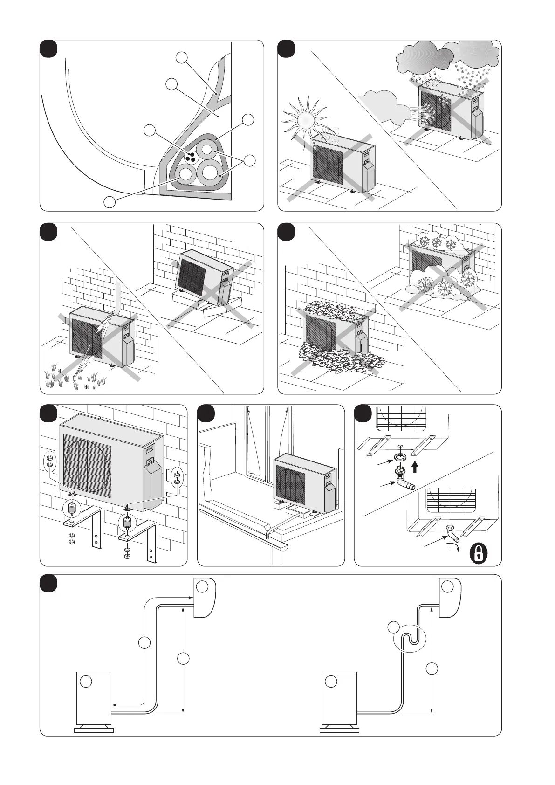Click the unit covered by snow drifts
pyautogui.click(x=440, y=270)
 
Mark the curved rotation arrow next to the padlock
pyautogui.click(x=456, y=548)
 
